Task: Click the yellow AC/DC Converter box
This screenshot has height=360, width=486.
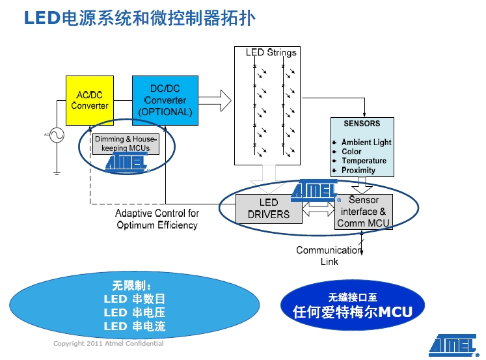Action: [x=90, y=100]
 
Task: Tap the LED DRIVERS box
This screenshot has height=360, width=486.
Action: [x=269, y=209]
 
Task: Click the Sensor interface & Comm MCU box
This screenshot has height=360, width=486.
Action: [x=364, y=212]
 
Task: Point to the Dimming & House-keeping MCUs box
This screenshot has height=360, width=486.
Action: [x=126, y=144]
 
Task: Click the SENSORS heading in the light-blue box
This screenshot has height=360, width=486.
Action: [x=362, y=123]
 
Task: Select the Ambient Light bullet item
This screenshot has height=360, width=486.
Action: [x=366, y=142]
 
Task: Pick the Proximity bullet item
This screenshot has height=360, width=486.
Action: [x=358, y=170]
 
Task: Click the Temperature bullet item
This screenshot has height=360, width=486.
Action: [x=364, y=161]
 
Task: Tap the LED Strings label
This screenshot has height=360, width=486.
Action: [x=271, y=53]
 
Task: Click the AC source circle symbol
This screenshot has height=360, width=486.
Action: [x=55, y=135]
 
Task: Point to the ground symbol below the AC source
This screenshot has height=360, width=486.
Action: [x=57, y=173]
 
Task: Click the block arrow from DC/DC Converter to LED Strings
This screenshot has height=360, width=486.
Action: [x=215, y=100]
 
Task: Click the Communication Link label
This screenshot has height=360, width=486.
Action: [x=329, y=256]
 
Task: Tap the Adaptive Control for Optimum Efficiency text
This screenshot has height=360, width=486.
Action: [x=157, y=219]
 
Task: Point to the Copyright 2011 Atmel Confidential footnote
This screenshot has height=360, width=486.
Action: [x=108, y=344]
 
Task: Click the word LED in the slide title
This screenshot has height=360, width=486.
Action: [x=41, y=18]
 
